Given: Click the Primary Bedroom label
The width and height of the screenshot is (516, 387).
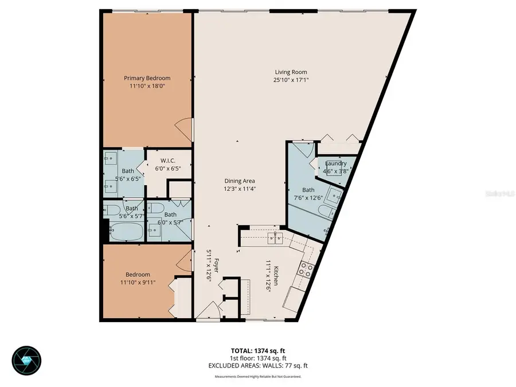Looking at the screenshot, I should [x=147, y=78].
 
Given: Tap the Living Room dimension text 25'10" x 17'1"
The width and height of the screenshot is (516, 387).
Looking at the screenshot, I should [x=291, y=80].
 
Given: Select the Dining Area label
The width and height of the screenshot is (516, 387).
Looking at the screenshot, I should [x=240, y=181].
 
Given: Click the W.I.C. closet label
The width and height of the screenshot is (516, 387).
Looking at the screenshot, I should [x=167, y=161].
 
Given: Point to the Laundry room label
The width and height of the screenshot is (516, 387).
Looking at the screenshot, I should [x=335, y=163].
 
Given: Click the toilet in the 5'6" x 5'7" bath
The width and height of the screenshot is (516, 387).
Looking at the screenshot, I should [x=112, y=209].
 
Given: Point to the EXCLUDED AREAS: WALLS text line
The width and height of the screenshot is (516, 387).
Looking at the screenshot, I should [x=257, y=365].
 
